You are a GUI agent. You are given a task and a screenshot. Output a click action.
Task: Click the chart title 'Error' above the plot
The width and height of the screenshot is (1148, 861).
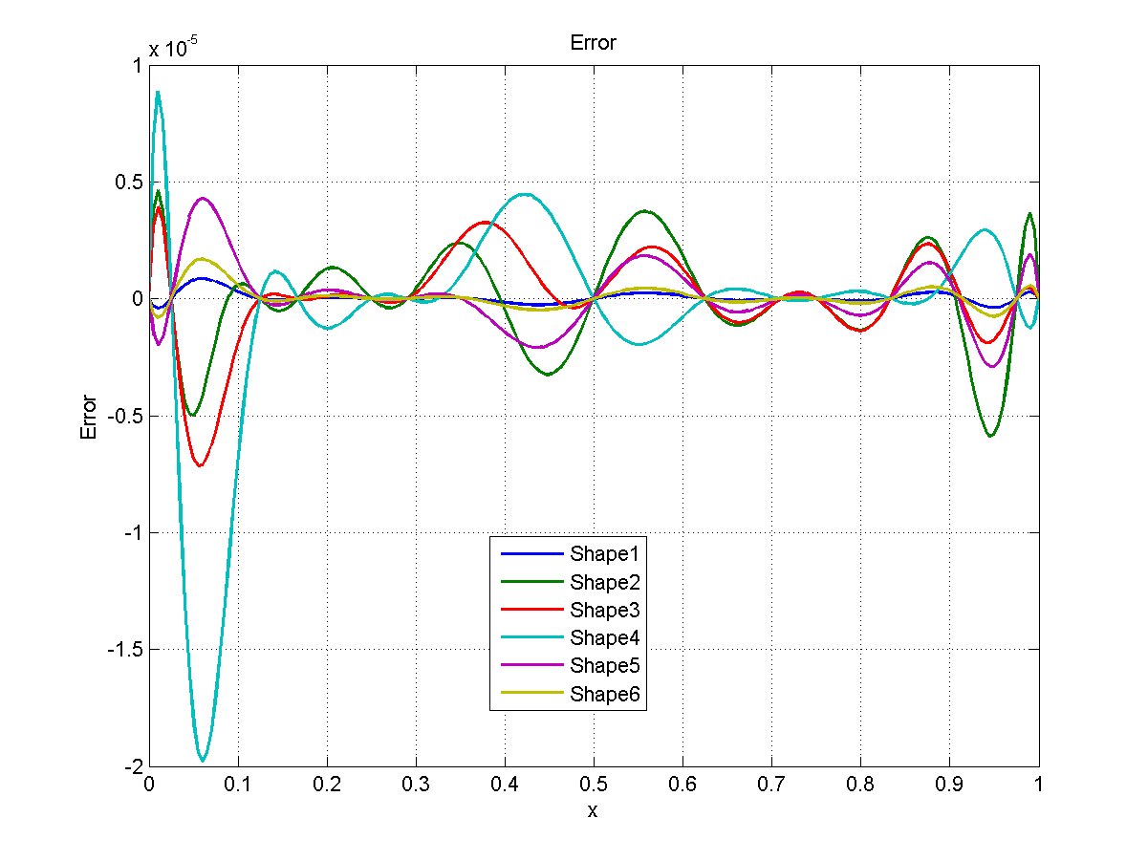point(593,43)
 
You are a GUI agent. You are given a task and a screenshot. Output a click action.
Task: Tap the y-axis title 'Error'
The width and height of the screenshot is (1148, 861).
point(89,417)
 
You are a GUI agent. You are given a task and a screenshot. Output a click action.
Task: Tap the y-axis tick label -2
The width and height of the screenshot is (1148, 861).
point(131,767)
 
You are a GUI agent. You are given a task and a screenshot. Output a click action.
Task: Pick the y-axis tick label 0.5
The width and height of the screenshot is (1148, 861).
point(126,183)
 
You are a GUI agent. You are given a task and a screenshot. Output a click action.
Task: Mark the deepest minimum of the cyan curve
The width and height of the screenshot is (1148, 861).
point(202,761)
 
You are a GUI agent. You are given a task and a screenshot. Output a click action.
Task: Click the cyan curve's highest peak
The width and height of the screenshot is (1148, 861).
point(158,93)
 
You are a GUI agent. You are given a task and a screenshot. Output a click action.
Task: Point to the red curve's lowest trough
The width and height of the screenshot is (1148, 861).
point(200,465)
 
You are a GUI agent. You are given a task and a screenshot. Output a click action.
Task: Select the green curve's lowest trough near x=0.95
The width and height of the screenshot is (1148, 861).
point(990,437)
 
